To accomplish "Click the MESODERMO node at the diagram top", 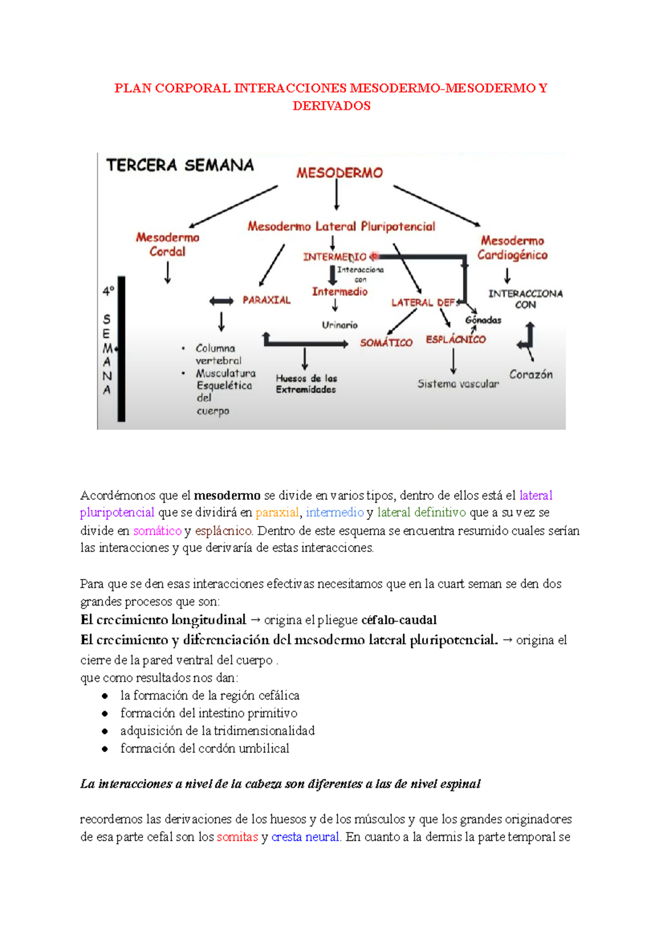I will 339,173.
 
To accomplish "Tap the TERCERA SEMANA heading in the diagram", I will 180,165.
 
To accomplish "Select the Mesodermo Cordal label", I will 167,244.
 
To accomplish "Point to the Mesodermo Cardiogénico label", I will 512,248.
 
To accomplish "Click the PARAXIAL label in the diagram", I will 266,300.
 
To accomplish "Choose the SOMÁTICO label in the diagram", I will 386,343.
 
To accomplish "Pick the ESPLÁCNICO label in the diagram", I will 455,340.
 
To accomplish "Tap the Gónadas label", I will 483,320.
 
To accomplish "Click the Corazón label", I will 530,374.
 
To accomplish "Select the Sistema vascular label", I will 458,384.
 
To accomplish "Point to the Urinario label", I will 340,325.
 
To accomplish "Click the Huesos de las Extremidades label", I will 306,384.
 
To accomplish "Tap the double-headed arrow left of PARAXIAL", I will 222,301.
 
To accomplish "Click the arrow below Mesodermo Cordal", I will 167,272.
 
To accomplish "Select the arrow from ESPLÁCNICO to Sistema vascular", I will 454,362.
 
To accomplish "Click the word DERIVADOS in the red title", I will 331,106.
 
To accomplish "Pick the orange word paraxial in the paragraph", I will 277,513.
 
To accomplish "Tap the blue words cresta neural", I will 305,837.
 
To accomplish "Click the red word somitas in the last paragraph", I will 237,837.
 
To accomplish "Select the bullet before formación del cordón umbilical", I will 105,749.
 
